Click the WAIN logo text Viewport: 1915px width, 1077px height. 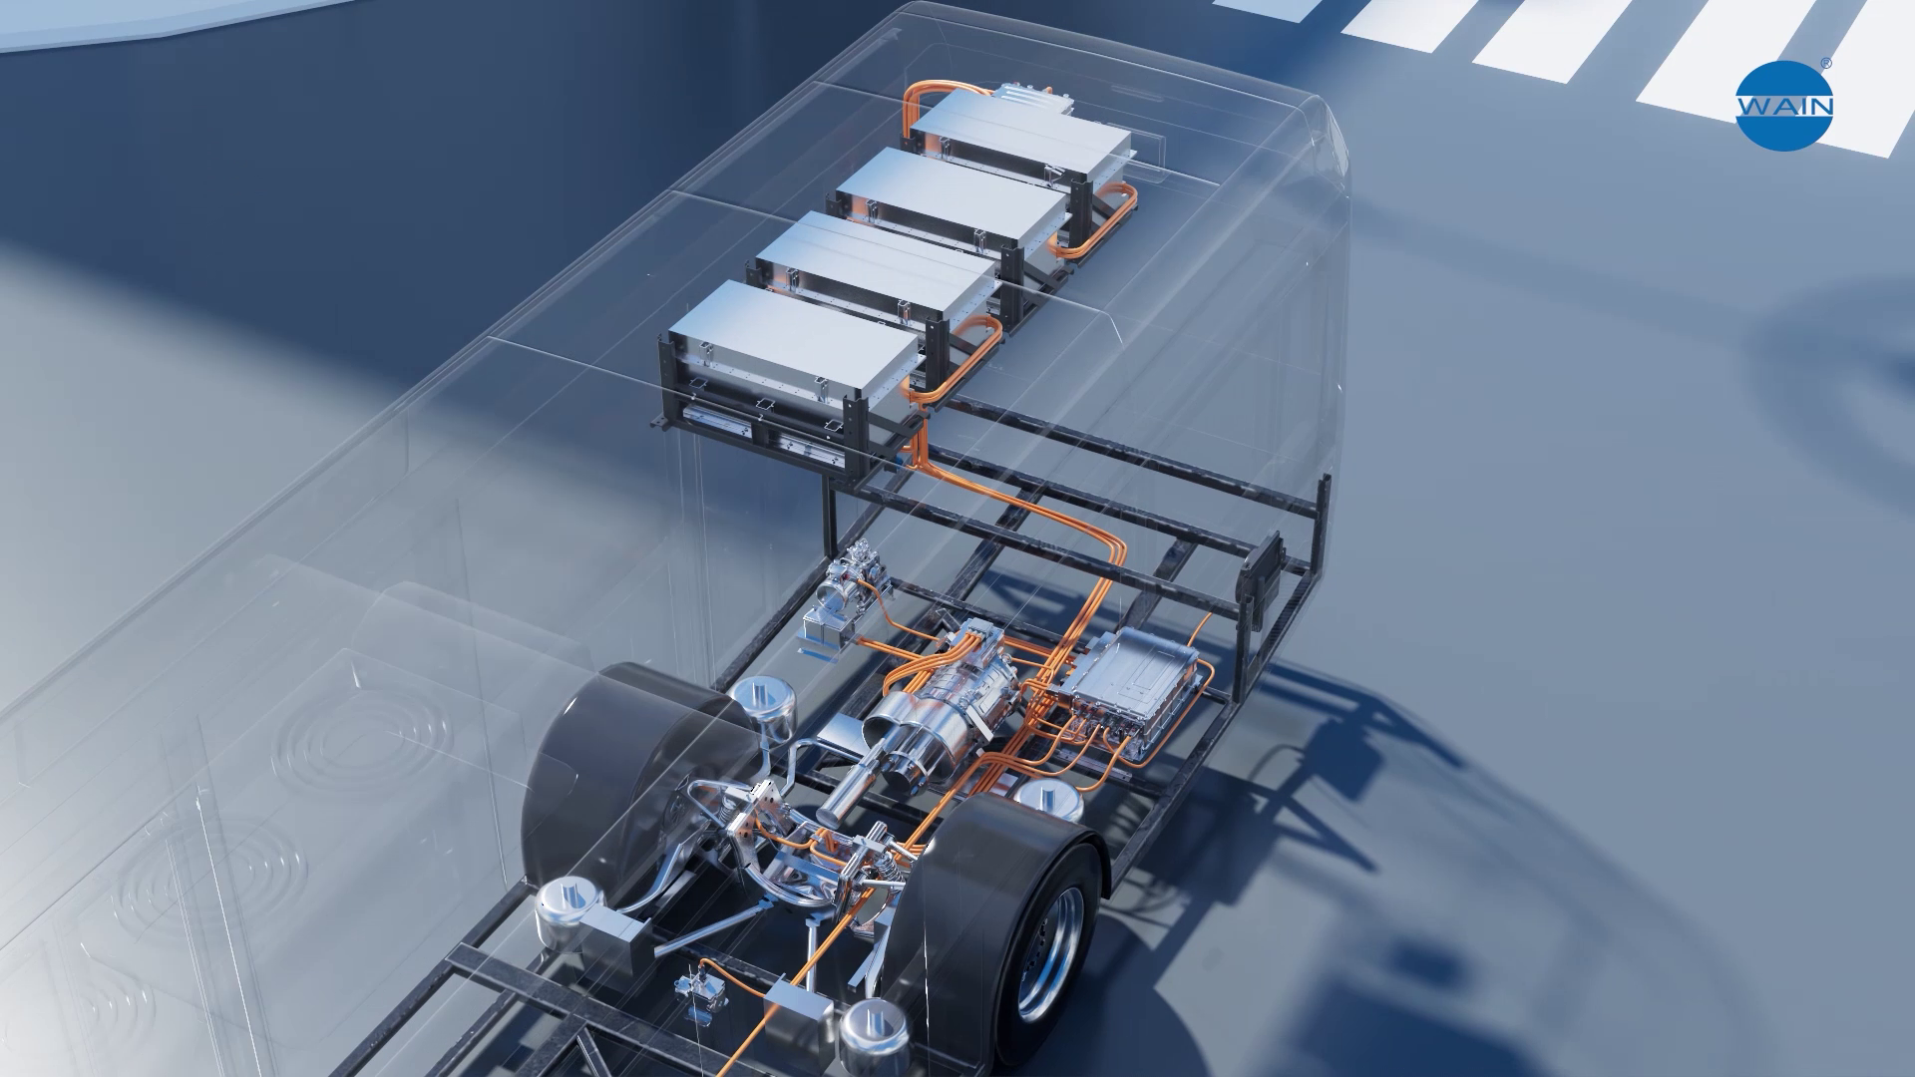coord(1785,107)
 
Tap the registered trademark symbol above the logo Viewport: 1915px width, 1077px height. coord(1825,64)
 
